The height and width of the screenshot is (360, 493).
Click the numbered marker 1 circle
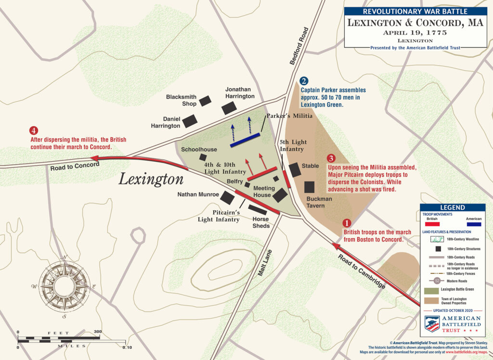pos(346,223)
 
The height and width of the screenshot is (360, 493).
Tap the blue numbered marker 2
pos(304,82)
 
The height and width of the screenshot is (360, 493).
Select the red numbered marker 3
pos(331,158)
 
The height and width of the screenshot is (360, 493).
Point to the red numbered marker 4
pos(33,131)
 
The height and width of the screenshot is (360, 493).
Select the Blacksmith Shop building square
pos(205,101)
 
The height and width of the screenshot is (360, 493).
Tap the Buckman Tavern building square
pos(309,187)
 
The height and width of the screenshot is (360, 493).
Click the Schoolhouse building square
pos(203,157)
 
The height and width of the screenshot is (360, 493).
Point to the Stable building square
pos(294,169)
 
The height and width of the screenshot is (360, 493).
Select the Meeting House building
pos(280,195)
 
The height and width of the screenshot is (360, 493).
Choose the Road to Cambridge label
pos(362,270)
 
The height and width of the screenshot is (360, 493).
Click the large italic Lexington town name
pos(151,179)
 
